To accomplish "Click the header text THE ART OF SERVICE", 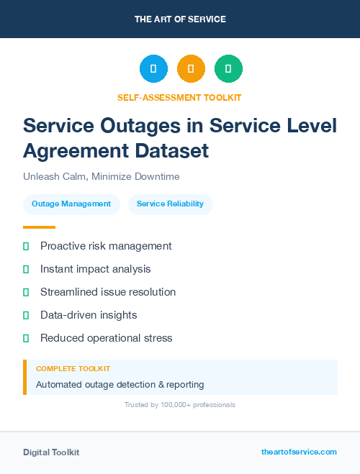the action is [180, 19].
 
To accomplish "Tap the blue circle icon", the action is [153, 68].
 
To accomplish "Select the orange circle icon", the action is [191, 68].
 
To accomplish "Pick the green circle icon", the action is [228, 68].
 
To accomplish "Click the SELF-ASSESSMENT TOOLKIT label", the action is [179, 97].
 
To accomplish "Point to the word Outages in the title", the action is [143, 125].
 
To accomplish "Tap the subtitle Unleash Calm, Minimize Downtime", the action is [101, 176].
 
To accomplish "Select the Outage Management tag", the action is [72, 204].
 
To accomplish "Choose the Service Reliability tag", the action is [171, 204].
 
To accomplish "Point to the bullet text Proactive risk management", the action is [106, 246].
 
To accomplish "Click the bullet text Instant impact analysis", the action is [96, 269].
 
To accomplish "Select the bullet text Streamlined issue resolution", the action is [108, 292].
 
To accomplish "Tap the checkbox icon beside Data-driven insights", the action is [26, 315].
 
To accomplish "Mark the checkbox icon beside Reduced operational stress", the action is [26, 338].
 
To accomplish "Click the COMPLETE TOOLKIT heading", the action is [73, 368].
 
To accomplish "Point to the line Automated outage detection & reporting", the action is [120, 384].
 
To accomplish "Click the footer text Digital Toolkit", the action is [51, 452].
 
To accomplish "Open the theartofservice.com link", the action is [299, 452].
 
